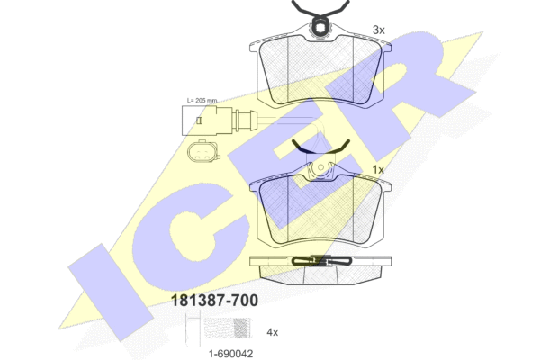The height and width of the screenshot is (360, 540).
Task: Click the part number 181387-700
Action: (x=214, y=300)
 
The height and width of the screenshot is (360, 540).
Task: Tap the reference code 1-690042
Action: (x=231, y=353)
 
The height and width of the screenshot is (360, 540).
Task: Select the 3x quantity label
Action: (x=378, y=30)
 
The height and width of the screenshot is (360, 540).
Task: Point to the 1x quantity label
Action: (x=378, y=170)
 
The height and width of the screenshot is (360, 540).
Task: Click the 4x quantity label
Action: (x=272, y=332)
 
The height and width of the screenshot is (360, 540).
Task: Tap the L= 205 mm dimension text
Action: (x=202, y=101)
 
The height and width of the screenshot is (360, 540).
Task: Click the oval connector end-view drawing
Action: (x=202, y=151)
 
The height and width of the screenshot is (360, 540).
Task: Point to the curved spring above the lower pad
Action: (x=321, y=149)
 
